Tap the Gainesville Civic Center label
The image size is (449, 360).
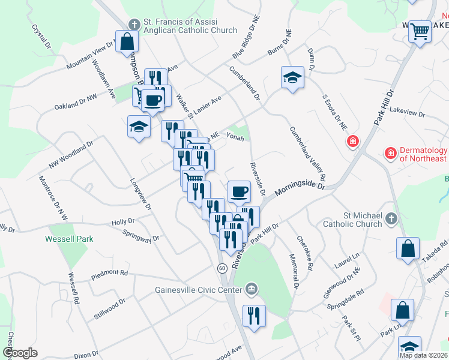tap(199, 289)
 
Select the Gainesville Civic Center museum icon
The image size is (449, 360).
tap(252, 289)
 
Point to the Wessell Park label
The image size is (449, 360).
tap(69, 238)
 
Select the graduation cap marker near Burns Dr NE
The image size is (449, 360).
tap(292, 77)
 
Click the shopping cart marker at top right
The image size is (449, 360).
tap(420, 31)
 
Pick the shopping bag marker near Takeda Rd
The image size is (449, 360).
tap(408, 249)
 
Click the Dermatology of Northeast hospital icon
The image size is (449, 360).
tap(391, 154)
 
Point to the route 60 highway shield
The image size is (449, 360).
tap(222, 268)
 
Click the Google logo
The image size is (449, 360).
tap(20, 353)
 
